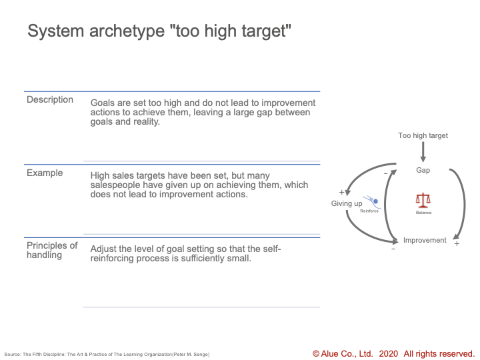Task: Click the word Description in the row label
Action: (50, 99)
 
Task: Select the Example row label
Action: (45, 173)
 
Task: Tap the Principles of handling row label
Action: (52, 250)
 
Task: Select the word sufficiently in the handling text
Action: (203, 259)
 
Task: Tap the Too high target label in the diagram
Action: (423, 135)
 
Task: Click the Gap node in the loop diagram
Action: (423, 170)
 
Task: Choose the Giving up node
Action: (347, 203)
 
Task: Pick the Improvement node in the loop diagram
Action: (425, 240)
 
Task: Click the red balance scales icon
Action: (423, 200)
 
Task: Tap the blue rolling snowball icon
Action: (371, 202)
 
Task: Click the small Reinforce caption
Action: (369, 211)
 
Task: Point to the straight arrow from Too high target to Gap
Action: (423, 152)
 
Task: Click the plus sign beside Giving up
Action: (341, 192)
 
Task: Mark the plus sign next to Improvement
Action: (457, 244)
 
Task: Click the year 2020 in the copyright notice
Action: (388, 354)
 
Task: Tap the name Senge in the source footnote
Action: (201, 355)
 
